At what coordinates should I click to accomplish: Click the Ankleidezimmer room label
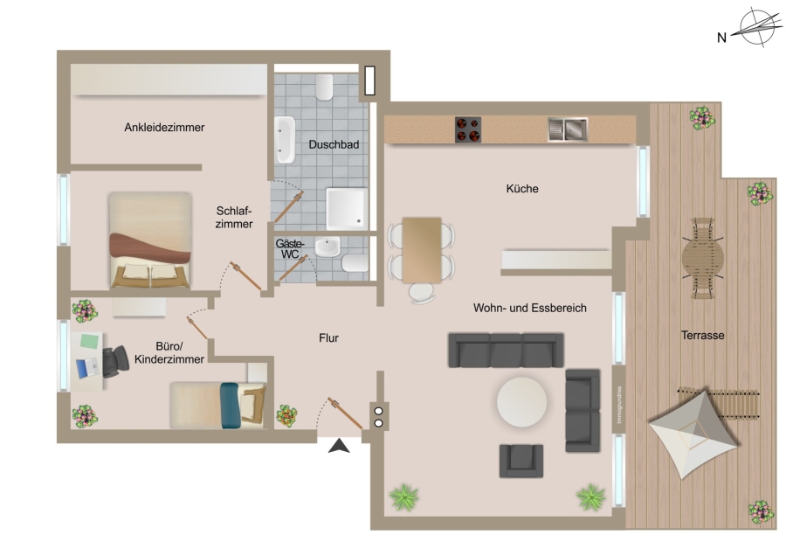click(164, 128)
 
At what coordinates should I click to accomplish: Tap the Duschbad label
click(334, 144)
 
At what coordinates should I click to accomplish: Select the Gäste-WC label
click(290, 249)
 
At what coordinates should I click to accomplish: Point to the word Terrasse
click(702, 335)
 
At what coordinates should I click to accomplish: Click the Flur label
click(328, 338)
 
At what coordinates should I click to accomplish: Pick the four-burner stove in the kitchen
click(468, 129)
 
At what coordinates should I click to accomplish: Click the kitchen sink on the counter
click(568, 129)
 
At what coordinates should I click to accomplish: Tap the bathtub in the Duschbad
click(285, 140)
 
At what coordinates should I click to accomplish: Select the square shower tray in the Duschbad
click(347, 208)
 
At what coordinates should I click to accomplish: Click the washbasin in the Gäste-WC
click(327, 247)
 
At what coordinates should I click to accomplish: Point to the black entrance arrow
click(339, 446)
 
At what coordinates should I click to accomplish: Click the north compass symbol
click(757, 27)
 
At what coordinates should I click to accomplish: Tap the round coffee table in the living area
click(522, 402)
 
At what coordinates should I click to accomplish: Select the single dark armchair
click(521, 461)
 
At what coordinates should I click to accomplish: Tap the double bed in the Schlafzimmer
click(150, 240)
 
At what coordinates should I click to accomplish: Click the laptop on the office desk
click(88, 368)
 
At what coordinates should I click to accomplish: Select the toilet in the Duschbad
click(324, 87)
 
